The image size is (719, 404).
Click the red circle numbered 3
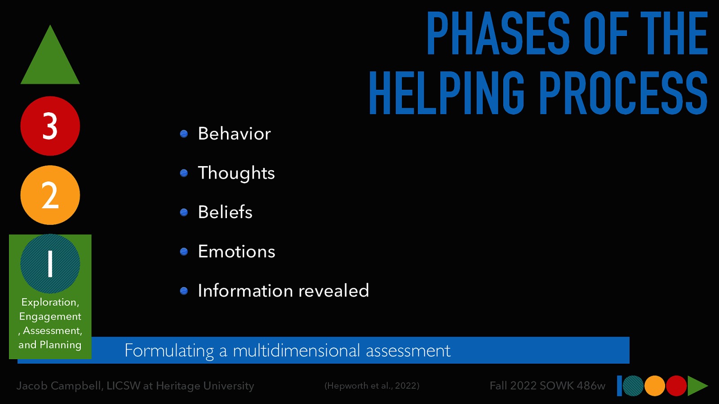coord(50,126)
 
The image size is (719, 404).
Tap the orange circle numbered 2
coord(50,195)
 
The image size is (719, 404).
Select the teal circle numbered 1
coord(50,263)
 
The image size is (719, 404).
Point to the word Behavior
coord(234,134)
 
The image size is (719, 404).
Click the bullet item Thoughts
coord(236,173)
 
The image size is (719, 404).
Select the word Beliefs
coord(225,212)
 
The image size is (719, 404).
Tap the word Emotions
coord(236,252)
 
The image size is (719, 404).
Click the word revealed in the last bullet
coord(333,291)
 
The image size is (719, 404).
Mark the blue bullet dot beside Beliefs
coord(184,212)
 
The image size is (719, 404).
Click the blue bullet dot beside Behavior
coord(184,134)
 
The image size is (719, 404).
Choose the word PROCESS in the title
coord(623,93)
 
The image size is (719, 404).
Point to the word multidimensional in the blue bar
coord(296,351)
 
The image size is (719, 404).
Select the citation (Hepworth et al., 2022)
coord(372,386)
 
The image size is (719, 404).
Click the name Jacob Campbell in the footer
coord(59,386)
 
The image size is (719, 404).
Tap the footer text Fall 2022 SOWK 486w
coord(547,386)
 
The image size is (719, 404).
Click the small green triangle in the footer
coord(697,386)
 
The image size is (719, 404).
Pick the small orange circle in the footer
coord(655,386)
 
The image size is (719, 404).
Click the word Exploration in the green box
coord(49,302)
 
